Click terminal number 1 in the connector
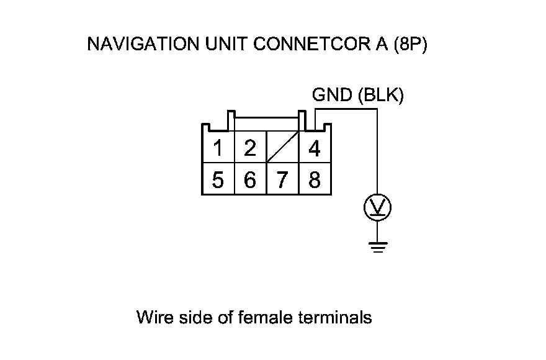[x=218, y=149]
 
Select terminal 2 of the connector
[x=250, y=149]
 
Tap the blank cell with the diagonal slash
[x=282, y=149]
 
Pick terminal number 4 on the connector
[x=315, y=149]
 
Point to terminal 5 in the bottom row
[x=218, y=181]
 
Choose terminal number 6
[x=250, y=181]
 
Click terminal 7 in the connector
[x=282, y=181]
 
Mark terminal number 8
[x=315, y=181]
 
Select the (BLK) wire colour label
[x=379, y=95]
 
